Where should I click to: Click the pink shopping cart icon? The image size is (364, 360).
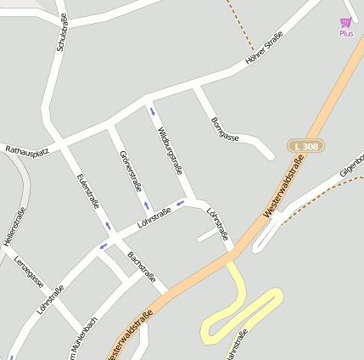click(x=345, y=22)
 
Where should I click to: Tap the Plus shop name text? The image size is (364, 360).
click(x=346, y=34)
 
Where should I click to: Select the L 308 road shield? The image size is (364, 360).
click(x=306, y=147)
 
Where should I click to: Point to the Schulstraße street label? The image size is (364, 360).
click(x=60, y=32)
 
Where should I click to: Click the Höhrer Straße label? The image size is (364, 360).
click(x=263, y=48)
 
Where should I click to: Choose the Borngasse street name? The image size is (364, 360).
click(x=225, y=127)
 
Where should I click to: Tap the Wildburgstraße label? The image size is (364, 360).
click(x=170, y=150)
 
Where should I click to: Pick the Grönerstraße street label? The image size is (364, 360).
click(x=131, y=170)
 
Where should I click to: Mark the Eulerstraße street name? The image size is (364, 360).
click(x=87, y=191)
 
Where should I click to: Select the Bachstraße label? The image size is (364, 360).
click(x=142, y=266)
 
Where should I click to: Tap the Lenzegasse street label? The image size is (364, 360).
click(x=29, y=271)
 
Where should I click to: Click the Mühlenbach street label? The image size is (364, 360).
click(x=81, y=335)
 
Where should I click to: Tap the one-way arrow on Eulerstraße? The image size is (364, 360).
click(x=108, y=226)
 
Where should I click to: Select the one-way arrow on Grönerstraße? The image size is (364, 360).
click(x=146, y=205)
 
